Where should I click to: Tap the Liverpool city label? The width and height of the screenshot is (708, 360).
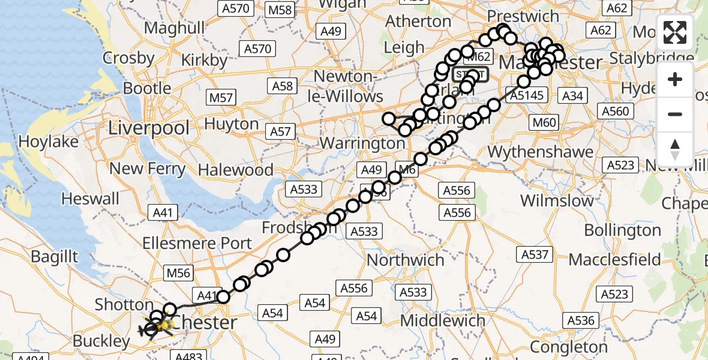pos(149,128)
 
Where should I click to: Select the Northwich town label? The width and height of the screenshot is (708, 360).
pos(406,260)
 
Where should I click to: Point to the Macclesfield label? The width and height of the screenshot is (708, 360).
pos(614,260)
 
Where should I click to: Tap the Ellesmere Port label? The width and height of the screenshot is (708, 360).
pos(197,243)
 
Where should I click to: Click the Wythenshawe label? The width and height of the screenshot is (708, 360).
pos(532,152)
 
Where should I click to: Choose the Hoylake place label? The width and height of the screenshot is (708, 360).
pos(49,142)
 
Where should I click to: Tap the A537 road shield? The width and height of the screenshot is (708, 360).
pos(535,254)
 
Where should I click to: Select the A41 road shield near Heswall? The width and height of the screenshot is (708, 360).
pos(162,212)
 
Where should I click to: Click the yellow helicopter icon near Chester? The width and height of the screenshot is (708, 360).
pos(157,327)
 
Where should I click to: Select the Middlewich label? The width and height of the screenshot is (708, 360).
pos(443,320)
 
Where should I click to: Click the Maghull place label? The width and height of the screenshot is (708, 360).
pos(175,28)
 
